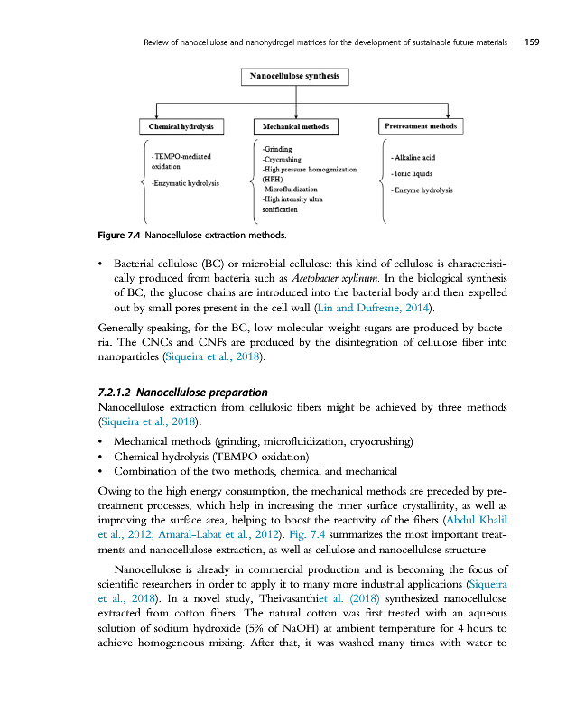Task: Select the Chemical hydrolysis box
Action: (181, 127)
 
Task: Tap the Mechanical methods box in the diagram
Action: (296, 127)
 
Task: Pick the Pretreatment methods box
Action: (421, 127)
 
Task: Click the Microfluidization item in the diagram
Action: (289, 189)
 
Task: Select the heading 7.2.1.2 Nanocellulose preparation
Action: (181, 392)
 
